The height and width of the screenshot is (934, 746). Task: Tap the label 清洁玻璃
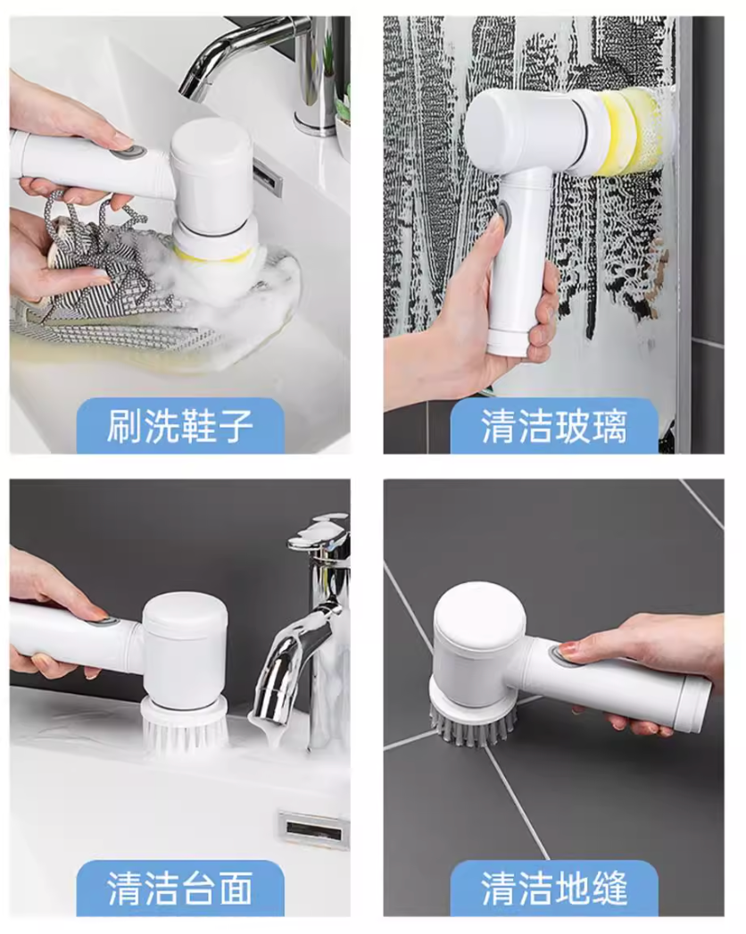(x=553, y=426)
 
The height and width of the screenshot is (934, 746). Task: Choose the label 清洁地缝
(x=553, y=888)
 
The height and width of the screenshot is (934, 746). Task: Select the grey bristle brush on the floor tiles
(x=473, y=724)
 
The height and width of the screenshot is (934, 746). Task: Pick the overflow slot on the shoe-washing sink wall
(x=268, y=178)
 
